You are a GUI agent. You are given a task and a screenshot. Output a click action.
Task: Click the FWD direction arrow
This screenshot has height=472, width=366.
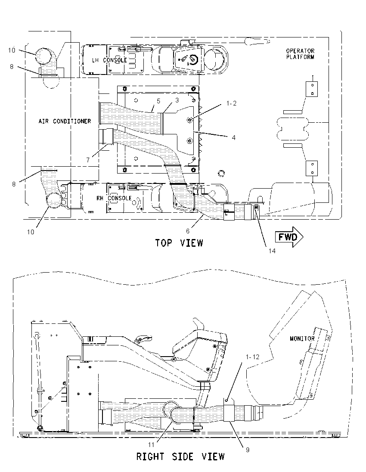coord(289,237)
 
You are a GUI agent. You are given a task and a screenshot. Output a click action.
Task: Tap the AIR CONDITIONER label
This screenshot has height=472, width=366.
coord(65,121)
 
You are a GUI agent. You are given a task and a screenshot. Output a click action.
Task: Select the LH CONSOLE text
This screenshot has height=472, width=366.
coord(109,60)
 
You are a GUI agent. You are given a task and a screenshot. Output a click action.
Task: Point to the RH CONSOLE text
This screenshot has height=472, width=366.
coord(114,198)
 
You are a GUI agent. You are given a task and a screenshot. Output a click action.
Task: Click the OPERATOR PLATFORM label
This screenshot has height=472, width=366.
coord(300,54)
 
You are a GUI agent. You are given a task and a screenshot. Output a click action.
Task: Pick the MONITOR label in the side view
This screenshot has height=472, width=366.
coord(302,338)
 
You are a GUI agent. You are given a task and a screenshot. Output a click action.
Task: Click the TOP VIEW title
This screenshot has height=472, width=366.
coord(179,242)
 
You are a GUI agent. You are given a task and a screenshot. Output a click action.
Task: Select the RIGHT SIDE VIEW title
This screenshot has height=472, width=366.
coord(180,456)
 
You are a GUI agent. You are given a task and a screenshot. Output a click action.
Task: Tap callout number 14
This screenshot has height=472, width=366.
coord(272,251)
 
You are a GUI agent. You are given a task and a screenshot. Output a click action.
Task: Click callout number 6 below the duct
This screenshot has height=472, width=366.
coord(188,231)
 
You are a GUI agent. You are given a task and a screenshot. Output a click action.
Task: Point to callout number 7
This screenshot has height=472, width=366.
coord(88,160)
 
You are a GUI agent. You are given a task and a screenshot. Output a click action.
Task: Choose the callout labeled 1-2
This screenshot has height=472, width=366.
coord(232,103)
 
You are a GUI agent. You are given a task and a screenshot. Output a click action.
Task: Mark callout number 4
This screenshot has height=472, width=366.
coord(233,137)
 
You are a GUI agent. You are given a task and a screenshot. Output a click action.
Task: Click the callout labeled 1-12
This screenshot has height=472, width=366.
coord(252,357)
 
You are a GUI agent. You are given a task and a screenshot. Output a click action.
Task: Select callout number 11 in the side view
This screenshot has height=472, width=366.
coord(151,444)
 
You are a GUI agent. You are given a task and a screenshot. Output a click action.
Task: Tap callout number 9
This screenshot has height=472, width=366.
coord(248,450)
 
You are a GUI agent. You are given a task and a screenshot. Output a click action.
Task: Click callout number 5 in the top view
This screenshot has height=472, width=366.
coord(158,101)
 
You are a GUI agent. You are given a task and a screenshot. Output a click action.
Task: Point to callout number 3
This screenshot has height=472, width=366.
coord(177,100)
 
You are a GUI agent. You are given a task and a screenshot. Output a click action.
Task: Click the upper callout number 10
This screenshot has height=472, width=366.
coord(12,50)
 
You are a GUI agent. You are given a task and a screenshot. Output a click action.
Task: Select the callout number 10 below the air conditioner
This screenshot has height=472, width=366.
coord(31,232)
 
